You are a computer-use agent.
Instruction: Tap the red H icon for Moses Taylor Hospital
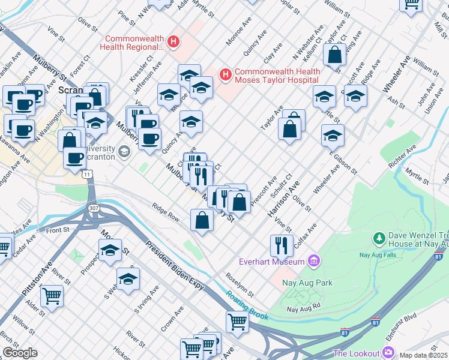(x=225, y=74)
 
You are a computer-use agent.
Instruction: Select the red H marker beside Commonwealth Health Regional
(x=173, y=41)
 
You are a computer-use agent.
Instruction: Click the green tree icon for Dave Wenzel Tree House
(x=379, y=239)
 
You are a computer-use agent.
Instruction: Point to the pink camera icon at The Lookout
(x=388, y=352)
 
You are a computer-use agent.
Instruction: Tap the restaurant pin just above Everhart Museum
(x=281, y=244)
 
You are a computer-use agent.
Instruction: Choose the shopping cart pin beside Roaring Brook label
(x=238, y=321)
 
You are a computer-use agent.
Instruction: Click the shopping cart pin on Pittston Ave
(x=52, y=295)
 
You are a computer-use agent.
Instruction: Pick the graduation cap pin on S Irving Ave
(x=128, y=278)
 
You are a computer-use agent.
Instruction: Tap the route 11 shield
(x=88, y=174)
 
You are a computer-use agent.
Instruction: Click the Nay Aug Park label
(x=309, y=283)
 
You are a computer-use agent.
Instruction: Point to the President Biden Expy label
(x=175, y=268)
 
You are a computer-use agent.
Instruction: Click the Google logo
(x=20, y=353)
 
